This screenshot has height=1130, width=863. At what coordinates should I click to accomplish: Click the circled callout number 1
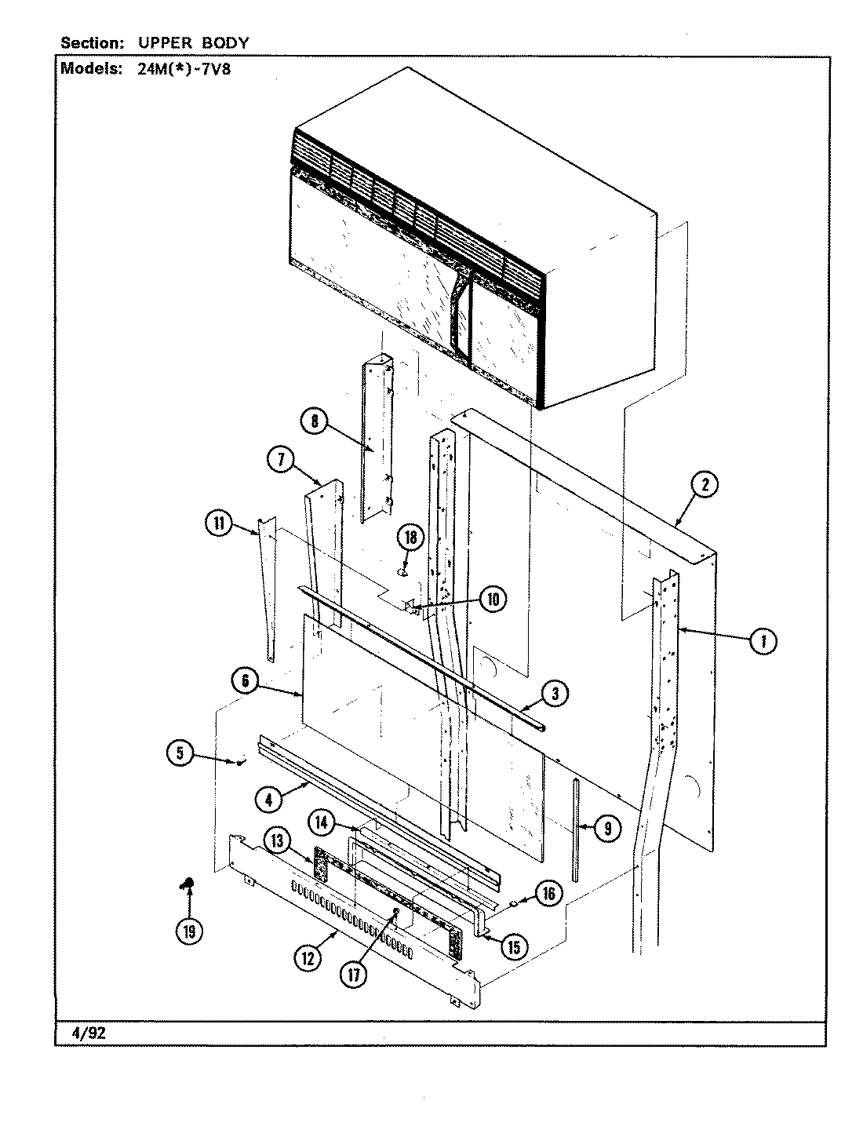[x=760, y=642]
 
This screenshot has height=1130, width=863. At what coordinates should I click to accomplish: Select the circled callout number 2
[x=704, y=486]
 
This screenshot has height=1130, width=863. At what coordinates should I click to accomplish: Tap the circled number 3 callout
[x=555, y=694]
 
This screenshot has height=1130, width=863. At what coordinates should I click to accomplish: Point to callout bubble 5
[x=180, y=754]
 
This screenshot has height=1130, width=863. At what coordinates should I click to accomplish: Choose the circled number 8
[x=315, y=422]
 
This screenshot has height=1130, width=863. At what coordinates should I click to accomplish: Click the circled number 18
[x=410, y=538]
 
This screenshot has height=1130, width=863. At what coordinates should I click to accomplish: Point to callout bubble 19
[x=188, y=931]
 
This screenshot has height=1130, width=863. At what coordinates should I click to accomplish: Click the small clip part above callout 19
[x=187, y=885]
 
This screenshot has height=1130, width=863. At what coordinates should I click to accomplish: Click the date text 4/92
[x=83, y=1033]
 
